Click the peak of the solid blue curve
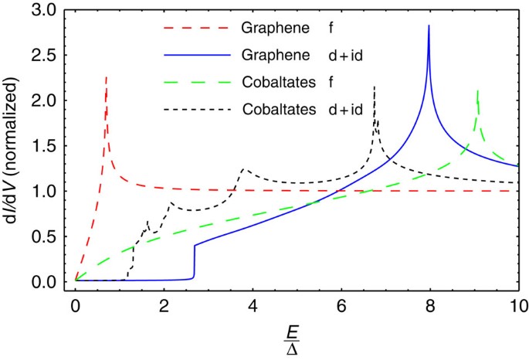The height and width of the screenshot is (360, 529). [429, 26]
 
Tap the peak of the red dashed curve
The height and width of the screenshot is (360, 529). [106, 77]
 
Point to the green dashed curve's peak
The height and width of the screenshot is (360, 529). [478, 91]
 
